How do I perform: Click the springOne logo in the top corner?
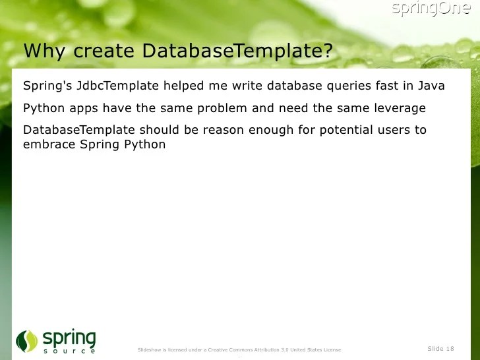431,9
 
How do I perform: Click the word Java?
431,86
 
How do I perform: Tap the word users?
397,130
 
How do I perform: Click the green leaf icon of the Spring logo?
27,341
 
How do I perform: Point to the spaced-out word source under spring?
69,351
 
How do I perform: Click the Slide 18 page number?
440,348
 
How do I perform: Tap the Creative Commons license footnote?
239,349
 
